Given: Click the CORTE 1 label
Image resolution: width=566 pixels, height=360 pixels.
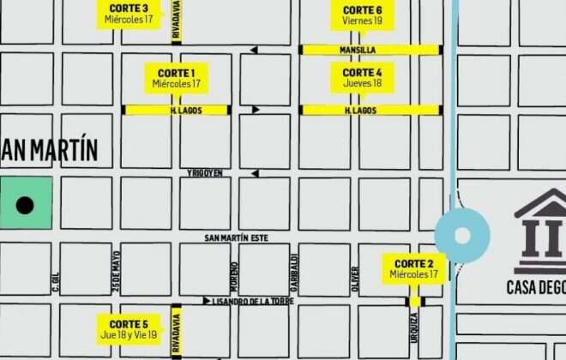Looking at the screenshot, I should (177, 78).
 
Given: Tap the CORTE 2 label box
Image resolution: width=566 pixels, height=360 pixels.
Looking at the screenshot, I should (413, 269).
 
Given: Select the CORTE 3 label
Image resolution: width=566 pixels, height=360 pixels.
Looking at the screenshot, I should (129, 14).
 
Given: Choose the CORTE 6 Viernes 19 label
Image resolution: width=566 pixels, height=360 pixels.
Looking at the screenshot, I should (362, 15).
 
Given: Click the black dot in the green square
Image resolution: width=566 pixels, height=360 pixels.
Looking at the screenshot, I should (25, 205).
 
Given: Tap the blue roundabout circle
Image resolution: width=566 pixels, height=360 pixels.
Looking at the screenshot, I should (462, 236).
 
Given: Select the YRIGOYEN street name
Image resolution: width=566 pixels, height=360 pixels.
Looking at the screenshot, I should (205, 173).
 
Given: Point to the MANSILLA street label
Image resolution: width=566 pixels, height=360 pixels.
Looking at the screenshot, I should (358, 51).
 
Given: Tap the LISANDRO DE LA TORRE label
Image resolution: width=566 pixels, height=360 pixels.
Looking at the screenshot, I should (254, 301).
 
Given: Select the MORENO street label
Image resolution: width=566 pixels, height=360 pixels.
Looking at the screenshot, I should (234, 274).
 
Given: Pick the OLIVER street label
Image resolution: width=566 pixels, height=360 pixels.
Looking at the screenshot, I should (355, 276).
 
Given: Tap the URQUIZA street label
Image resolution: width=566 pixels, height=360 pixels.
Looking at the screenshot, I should (414, 329).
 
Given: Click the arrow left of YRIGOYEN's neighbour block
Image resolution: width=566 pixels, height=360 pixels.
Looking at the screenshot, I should (255, 173).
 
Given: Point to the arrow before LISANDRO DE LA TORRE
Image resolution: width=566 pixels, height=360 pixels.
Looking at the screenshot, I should (206, 301).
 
